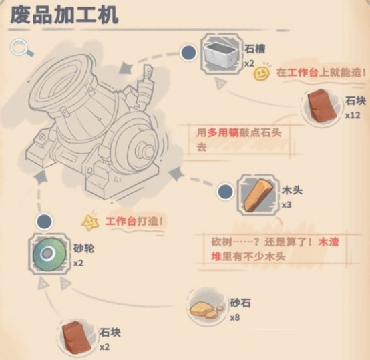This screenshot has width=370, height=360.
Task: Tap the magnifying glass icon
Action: (21, 48)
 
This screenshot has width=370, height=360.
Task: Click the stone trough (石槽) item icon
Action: (221, 53)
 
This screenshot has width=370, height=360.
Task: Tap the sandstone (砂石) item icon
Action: (205, 307)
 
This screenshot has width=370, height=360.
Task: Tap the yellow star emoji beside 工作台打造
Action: (89, 221)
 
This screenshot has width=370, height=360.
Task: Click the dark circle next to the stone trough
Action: (188, 51)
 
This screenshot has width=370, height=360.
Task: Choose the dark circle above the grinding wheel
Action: (44, 222)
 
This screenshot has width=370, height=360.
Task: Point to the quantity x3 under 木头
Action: (287, 204)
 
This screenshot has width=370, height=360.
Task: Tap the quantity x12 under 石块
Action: (353, 115)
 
